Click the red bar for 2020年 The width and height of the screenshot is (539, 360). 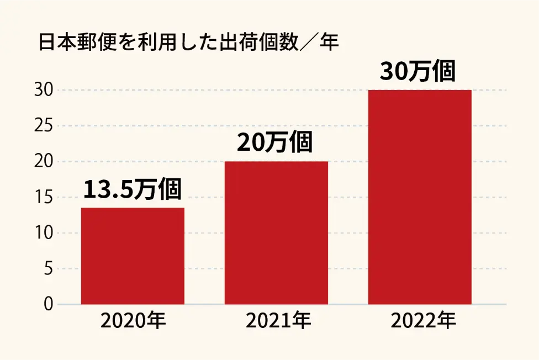pos(133,256)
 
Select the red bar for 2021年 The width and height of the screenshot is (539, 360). pos(276,232)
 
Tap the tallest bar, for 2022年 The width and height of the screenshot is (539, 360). pos(420,197)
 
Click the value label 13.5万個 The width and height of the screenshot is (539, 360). pos(133,189)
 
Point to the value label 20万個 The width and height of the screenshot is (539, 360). pos(275,143)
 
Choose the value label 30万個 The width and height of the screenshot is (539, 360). pos(418,71)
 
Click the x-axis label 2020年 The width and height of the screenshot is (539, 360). pos(133,320)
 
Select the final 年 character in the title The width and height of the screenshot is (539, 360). pos(329,43)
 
